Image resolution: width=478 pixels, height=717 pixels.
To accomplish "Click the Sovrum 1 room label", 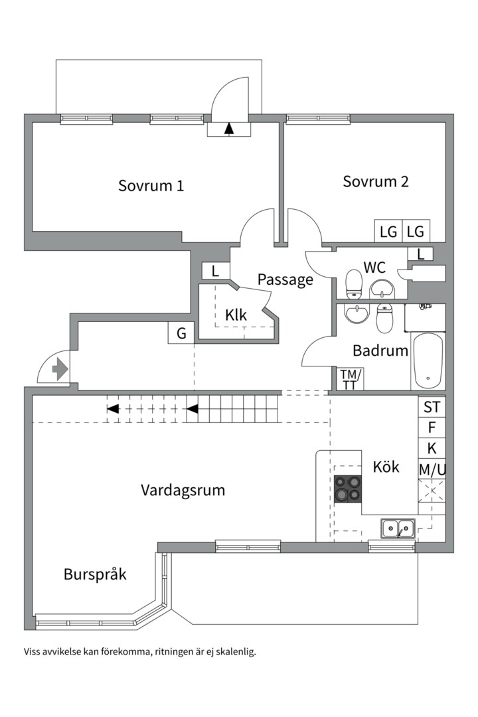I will (151, 186).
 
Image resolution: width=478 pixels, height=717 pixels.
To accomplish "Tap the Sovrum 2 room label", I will (375, 181).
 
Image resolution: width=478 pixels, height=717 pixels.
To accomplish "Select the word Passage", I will (285, 279).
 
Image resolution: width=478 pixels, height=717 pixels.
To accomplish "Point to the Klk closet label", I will (236, 315).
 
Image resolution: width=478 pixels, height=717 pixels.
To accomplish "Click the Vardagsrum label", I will (183, 491).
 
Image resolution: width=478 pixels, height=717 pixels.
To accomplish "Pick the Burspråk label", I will (95, 574).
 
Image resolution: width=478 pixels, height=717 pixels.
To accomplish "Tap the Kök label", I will (386, 467).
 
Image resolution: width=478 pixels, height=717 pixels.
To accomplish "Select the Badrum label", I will (380, 351).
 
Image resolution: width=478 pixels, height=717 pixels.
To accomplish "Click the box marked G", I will (181, 333).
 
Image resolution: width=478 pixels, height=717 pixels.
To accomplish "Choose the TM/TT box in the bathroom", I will (349, 378).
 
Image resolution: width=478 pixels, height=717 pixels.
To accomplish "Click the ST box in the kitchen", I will (432, 406).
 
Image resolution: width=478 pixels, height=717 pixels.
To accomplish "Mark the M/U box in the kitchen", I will (432, 469).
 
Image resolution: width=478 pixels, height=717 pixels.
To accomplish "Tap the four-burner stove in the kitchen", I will (349, 489).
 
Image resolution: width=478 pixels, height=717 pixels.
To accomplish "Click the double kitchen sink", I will (398, 528).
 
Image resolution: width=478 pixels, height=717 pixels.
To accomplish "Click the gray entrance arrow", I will (60, 369).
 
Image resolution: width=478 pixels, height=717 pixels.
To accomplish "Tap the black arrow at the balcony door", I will (230, 129).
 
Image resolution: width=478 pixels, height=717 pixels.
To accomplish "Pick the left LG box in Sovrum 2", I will (388, 232).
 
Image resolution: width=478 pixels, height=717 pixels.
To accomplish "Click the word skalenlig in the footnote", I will (234, 651).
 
